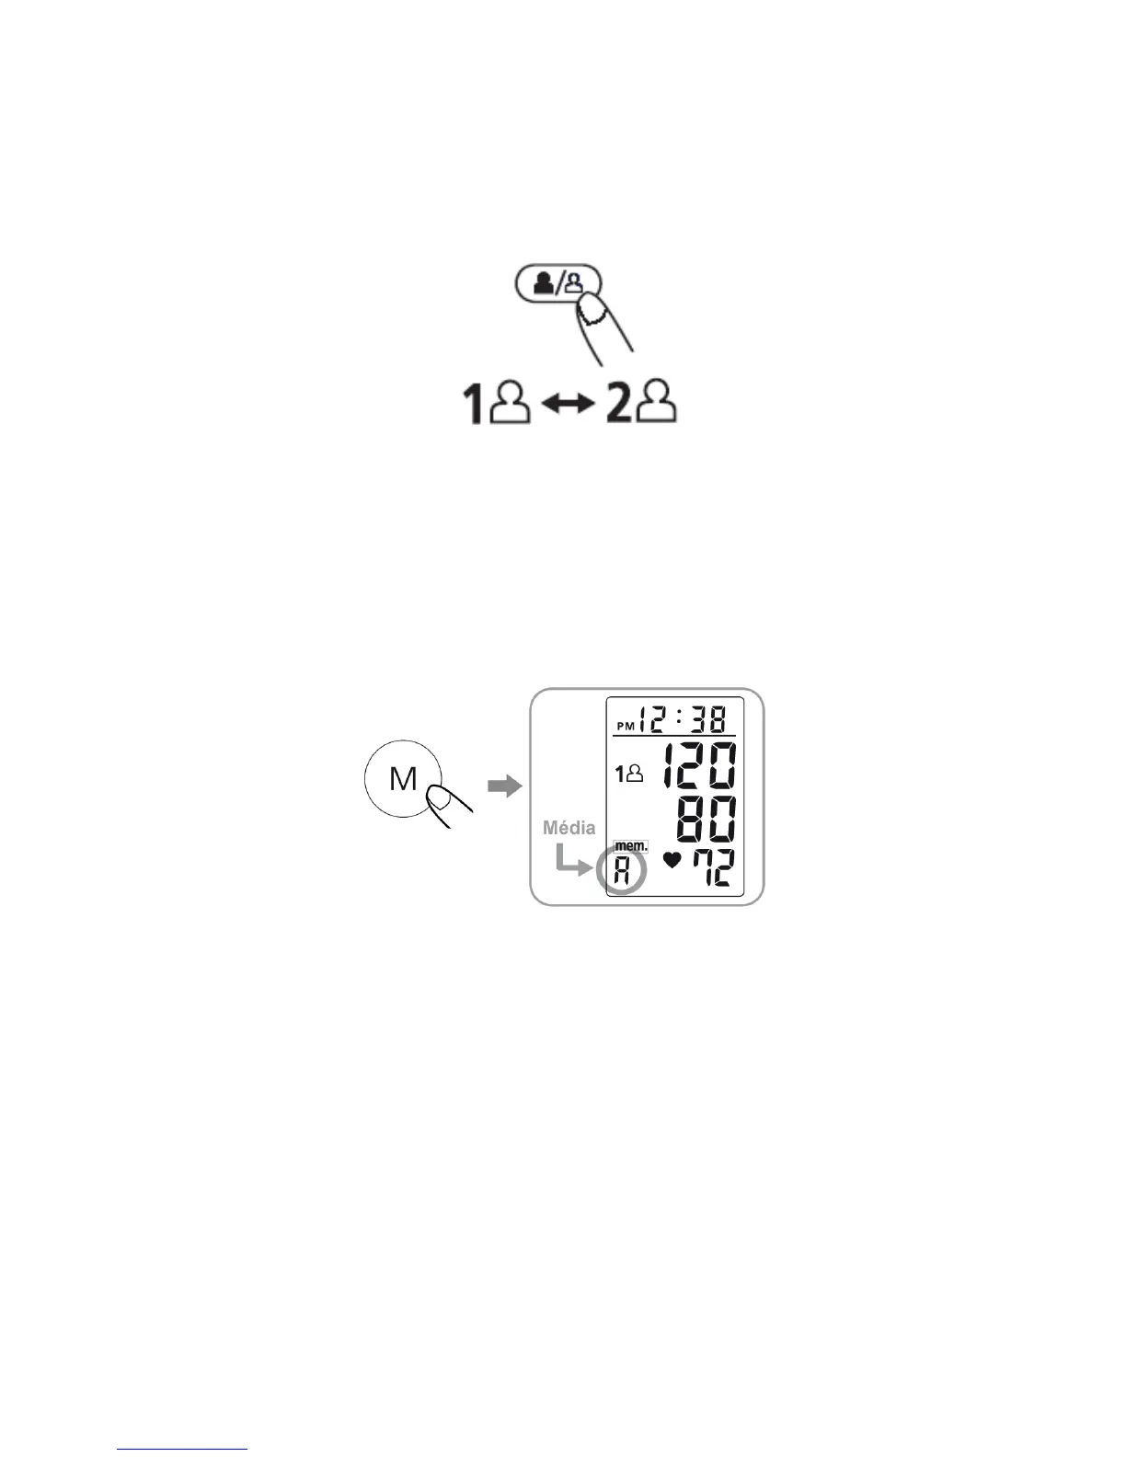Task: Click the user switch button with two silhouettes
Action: (556, 282)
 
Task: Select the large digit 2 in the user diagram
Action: (618, 405)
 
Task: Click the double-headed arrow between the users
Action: (569, 406)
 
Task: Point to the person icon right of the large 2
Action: (659, 404)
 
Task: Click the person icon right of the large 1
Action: (511, 404)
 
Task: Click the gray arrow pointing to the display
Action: (503, 786)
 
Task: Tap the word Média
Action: (569, 828)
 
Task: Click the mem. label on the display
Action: (630, 846)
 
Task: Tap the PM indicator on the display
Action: (626, 726)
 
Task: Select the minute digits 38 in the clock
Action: (708, 718)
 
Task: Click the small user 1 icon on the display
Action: (629, 775)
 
